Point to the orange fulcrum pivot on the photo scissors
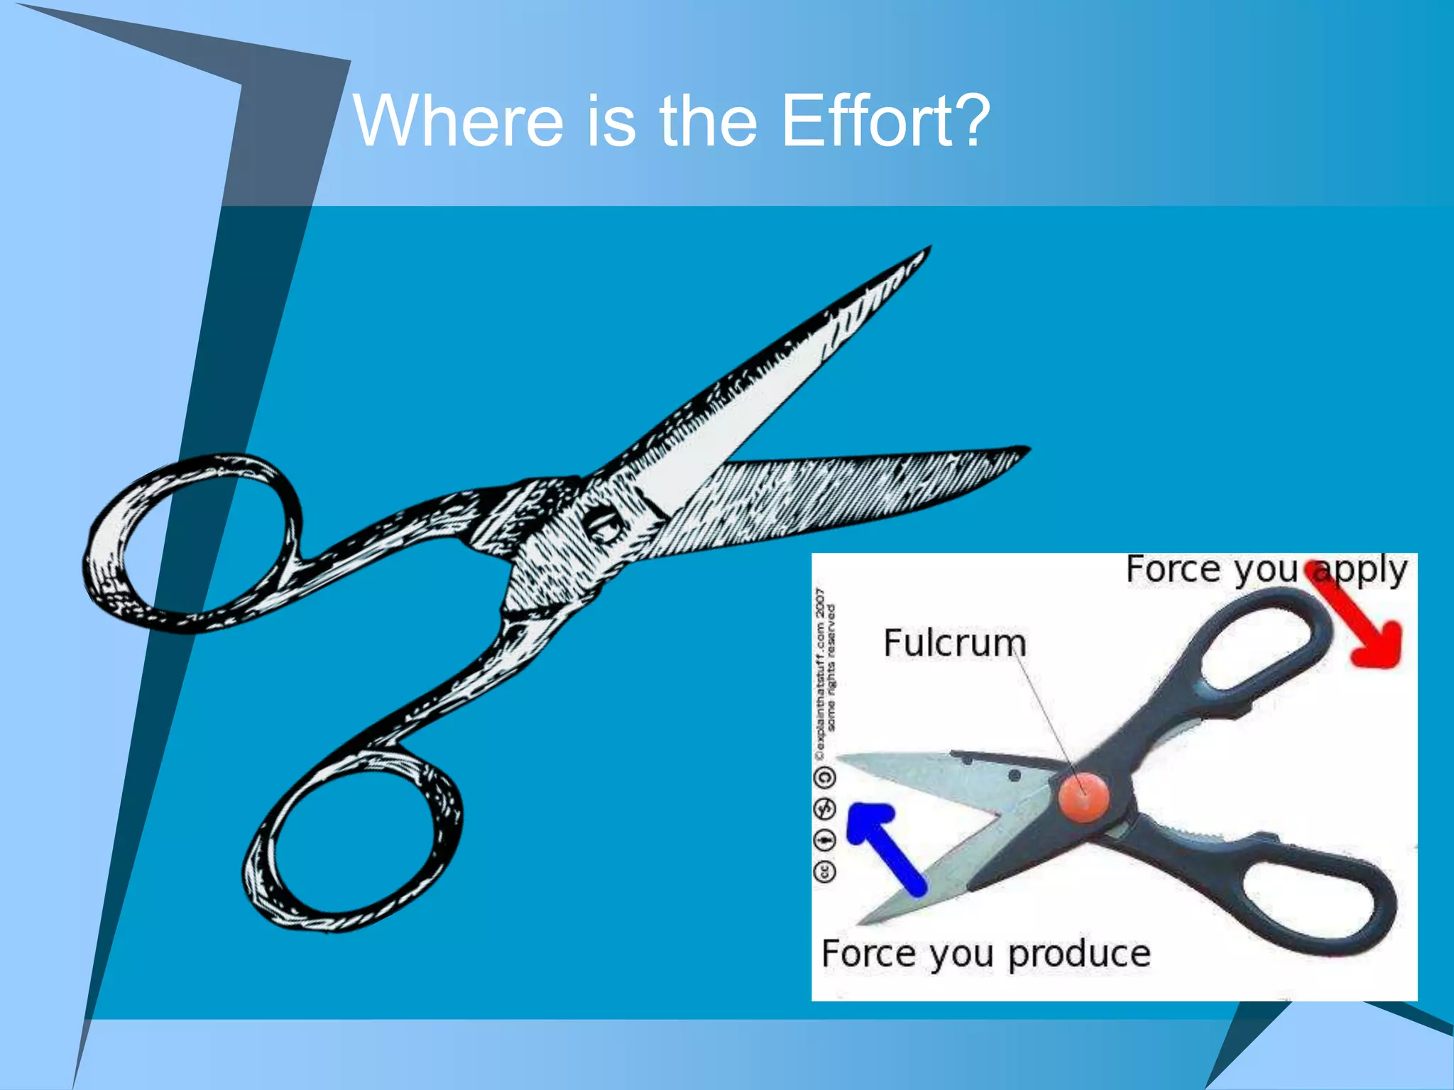tap(1083, 796)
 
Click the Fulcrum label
tap(954, 643)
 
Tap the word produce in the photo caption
tap(1079, 954)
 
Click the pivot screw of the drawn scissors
tap(603, 527)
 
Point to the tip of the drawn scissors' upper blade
tap(926, 250)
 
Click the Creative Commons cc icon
tap(825, 871)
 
